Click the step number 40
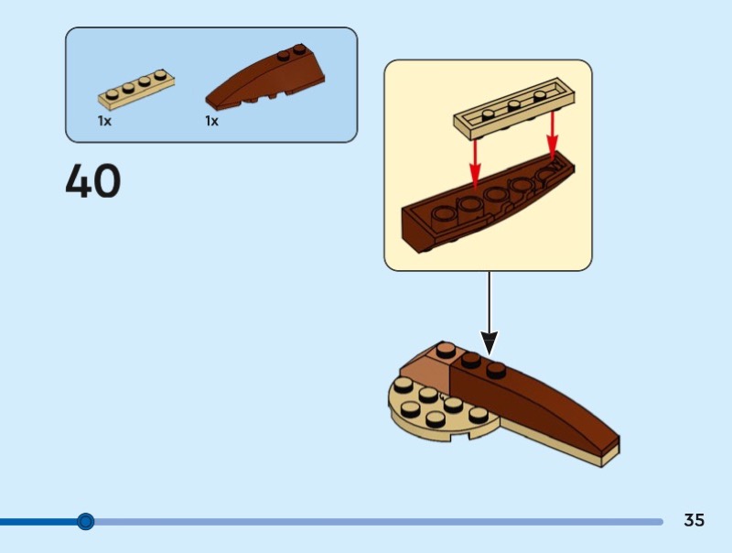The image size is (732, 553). pyautogui.click(x=93, y=181)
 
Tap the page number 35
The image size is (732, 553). pyautogui.click(x=694, y=520)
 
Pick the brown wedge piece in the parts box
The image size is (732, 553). pyautogui.click(x=266, y=79)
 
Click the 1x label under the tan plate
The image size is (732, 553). pyautogui.click(x=104, y=121)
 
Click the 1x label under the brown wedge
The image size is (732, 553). pyautogui.click(x=211, y=121)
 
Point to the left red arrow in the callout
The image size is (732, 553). pyautogui.click(x=474, y=161)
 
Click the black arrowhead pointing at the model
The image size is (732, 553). pyautogui.click(x=490, y=343)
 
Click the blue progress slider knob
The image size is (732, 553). pyautogui.click(x=85, y=522)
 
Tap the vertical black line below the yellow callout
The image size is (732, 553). pyautogui.click(x=490, y=302)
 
